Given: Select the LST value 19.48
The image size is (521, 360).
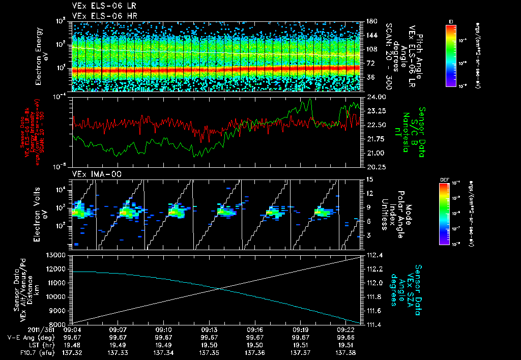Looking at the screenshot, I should pyautogui.click(x=72, y=345).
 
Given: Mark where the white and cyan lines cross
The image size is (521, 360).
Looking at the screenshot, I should pyautogui.click(x=220, y=289).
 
